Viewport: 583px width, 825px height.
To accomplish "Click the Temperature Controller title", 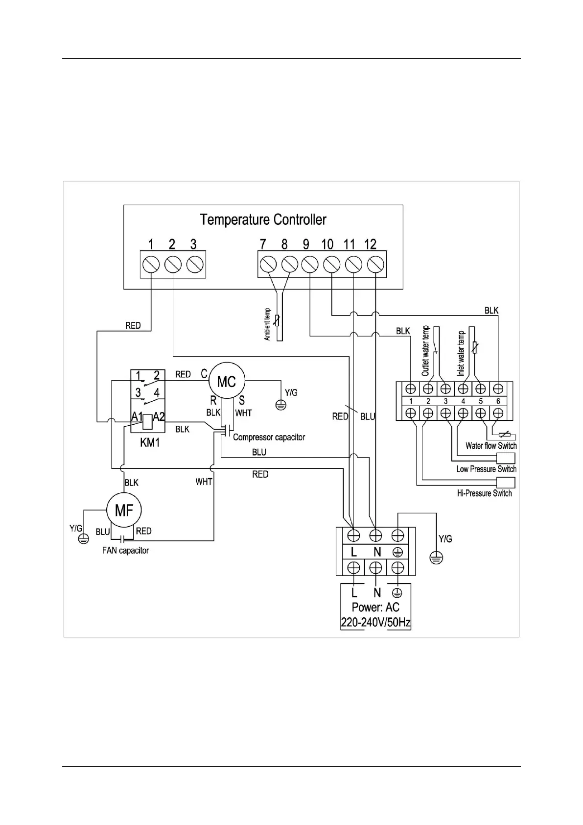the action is (x=263, y=219).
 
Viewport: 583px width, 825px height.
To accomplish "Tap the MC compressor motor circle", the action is (x=227, y=381).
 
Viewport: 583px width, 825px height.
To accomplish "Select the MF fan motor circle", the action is (x=124, y=510).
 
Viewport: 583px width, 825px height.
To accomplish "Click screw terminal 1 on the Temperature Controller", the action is (x=151, y=265).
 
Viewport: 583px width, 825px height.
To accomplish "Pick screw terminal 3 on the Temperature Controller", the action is (x=195, y=265).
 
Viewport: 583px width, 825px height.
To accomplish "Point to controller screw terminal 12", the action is (x=375, y=265).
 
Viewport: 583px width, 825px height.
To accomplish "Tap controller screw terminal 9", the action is (x=310, y=265).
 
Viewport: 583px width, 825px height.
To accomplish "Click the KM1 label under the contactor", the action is (x=150, y=442).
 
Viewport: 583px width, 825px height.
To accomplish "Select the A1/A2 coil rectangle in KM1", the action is (x=148, y=422).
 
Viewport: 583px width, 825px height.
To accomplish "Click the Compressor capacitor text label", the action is (x=269, y=437).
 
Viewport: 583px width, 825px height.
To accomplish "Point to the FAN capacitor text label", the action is (x=125, y=551).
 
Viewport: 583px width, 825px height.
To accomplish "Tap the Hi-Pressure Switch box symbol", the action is (x=506, y=483).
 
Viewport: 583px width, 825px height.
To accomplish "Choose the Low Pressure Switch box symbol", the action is (x=506, y=458).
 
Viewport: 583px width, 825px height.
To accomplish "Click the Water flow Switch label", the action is (x=491, y=446).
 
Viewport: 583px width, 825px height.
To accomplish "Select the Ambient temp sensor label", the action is (x=267, y=324).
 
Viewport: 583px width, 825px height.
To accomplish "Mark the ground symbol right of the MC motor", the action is (x=281, y=405).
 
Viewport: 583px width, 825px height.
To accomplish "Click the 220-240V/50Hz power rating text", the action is (x=375, y=623).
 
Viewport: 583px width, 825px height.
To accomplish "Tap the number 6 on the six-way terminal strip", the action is (x=498, y=401).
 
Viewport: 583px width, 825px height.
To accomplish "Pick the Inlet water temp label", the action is (x=461, y=354).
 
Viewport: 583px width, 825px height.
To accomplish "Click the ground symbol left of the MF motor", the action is (x=84, y=539).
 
